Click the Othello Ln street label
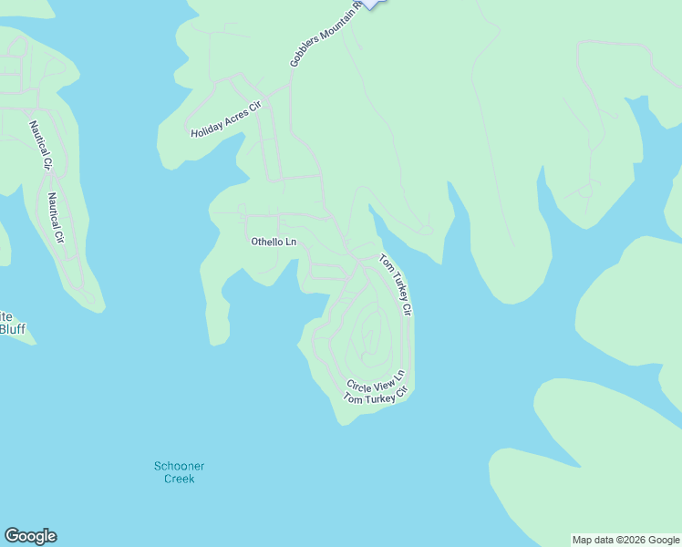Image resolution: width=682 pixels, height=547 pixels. [274, 242]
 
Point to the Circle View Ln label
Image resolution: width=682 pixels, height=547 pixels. [375, 380]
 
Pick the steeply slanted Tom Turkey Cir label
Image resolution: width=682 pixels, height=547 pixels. [397, 284]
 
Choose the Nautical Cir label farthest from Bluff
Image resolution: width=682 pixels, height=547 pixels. [38, 145]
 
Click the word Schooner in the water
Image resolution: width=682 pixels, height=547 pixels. [179, 467]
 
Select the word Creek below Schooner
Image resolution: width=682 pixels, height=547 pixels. [180, 479]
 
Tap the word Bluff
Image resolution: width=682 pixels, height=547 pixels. [12, 329]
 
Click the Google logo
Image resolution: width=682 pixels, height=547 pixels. [30, 536]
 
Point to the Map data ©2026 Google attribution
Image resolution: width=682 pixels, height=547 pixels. [625, 540]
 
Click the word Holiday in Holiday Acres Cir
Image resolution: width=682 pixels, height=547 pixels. [205, 129]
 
